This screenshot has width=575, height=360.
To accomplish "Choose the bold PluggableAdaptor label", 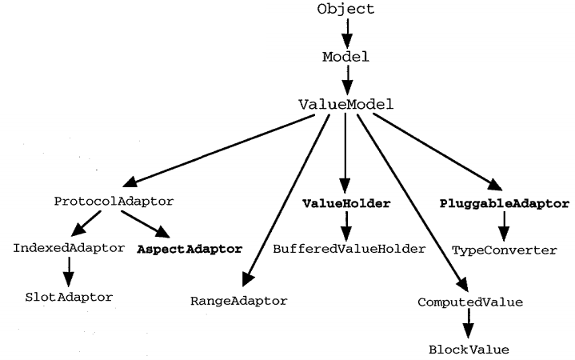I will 504,203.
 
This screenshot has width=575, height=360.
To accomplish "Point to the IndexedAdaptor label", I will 69,248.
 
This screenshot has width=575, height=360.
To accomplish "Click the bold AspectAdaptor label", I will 198,249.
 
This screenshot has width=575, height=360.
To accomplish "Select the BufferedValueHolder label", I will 349,249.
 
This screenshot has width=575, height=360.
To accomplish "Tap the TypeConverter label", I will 504,250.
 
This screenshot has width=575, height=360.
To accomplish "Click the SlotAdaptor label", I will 68,297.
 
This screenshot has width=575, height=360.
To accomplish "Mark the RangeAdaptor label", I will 238,301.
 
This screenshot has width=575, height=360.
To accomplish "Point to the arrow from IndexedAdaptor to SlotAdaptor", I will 68,272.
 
